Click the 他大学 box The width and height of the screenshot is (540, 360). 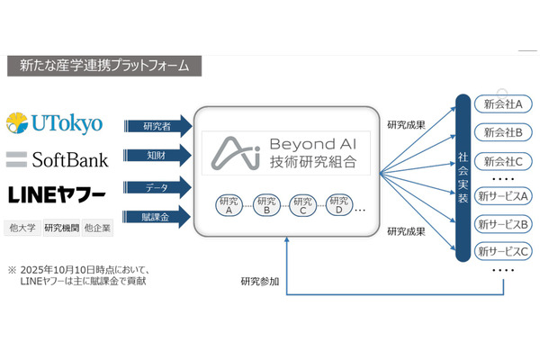22,228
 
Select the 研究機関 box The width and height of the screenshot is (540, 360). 60,228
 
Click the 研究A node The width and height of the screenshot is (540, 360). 230,204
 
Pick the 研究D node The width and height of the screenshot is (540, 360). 338,204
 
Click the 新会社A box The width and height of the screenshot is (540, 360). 504,105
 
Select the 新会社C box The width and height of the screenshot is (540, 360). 504,162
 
